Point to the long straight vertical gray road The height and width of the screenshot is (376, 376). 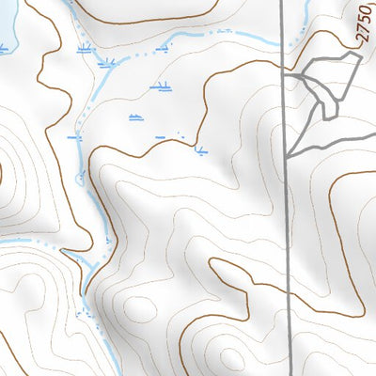[x=286, y=235]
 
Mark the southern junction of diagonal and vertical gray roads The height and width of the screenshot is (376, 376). [x=286, y=155]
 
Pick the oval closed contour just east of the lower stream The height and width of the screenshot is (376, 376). [x=138, y=307]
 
